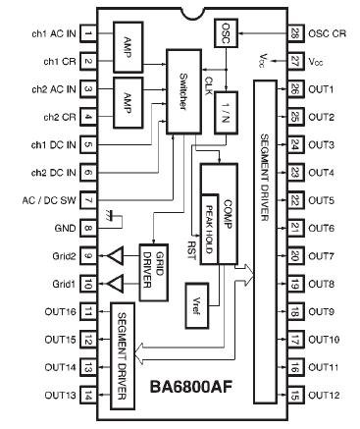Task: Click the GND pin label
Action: pos(58,230)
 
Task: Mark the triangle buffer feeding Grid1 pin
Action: pos(116,285)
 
